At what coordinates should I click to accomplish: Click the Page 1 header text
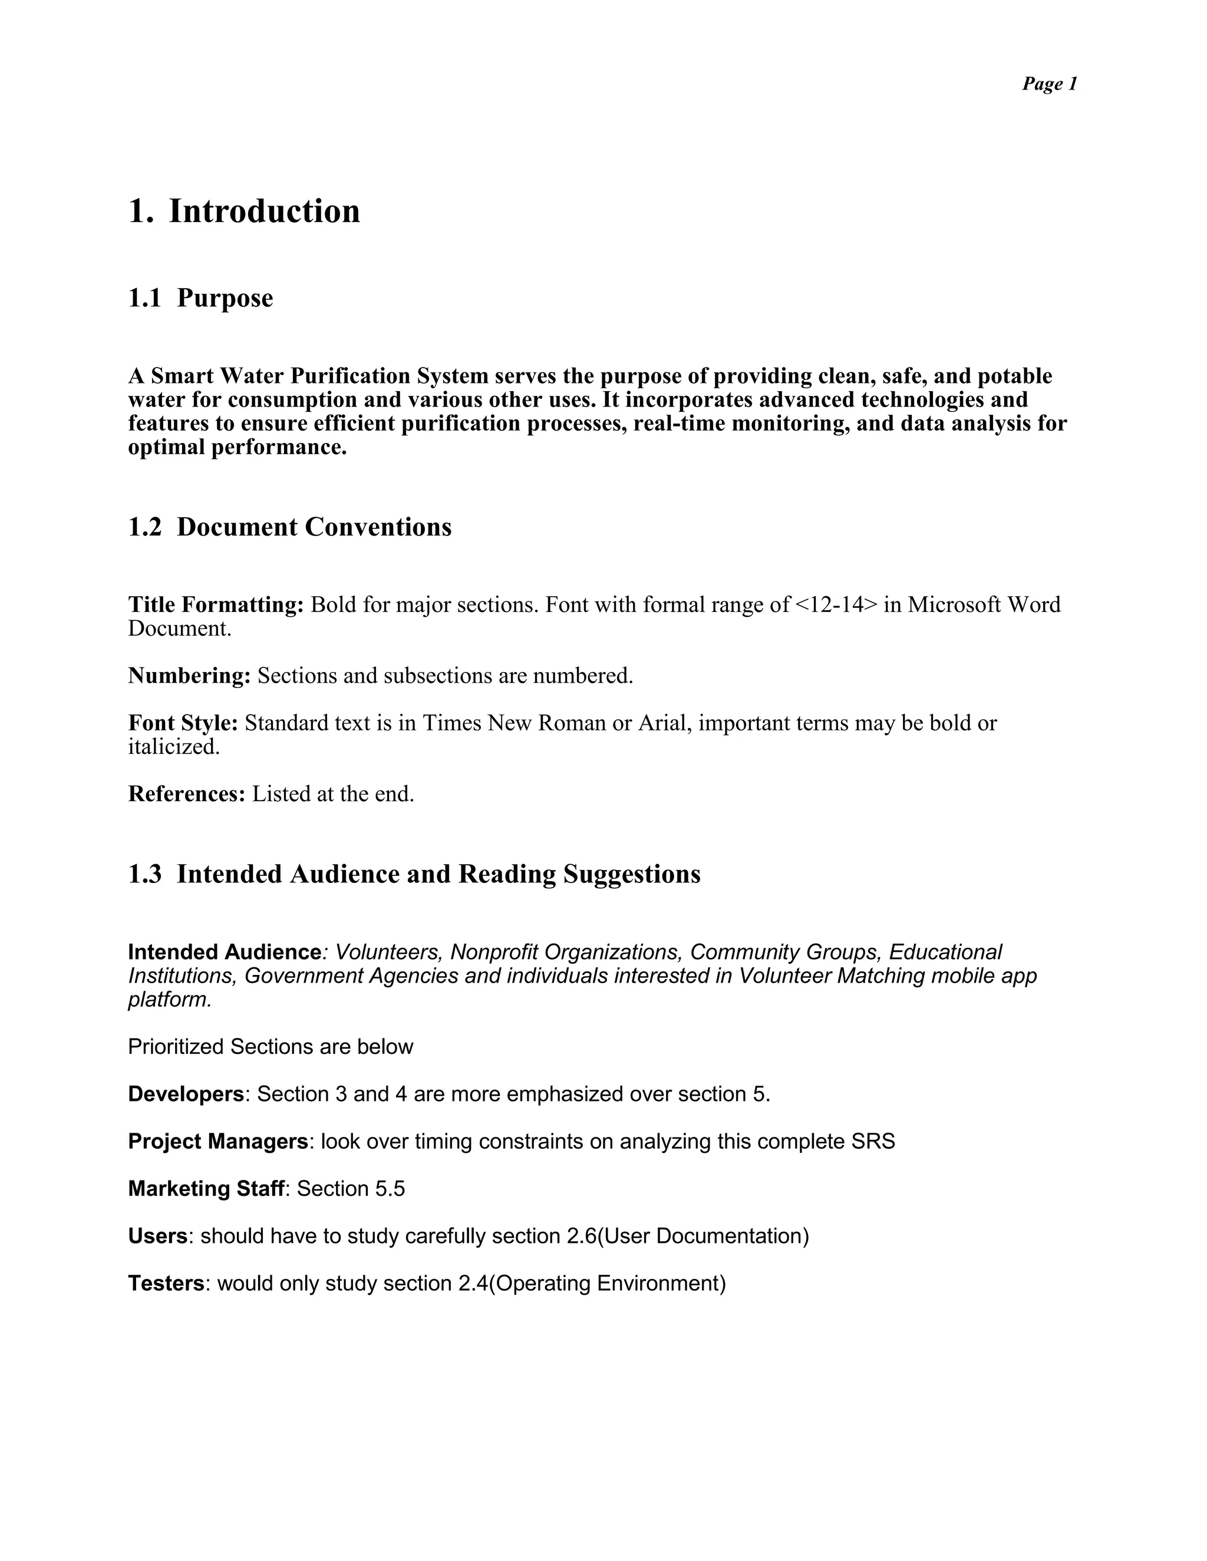(x=1049, y=84)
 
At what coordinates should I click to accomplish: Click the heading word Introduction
(x=264, y=211)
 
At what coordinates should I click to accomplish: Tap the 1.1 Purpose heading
(x=200, y=298)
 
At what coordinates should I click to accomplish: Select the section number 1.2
(x=144, y=527)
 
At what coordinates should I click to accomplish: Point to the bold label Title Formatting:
(x=216, y=605)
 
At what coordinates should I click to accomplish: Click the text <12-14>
(x=835, y=605)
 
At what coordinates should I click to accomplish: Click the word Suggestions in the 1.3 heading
(x=631, y=874)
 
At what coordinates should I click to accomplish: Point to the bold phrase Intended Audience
(x=225, y=952)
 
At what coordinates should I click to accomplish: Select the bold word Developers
(x=186, y=1094)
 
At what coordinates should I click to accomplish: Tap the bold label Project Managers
(x=217, y=1142)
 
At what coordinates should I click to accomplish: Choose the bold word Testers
(x=166, y=1284)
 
